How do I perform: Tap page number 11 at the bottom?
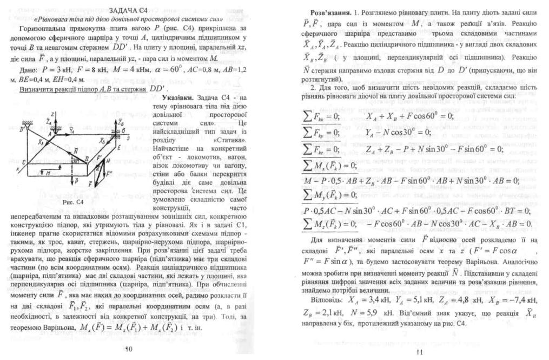(419, 354)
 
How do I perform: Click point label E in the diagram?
(118, 148)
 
